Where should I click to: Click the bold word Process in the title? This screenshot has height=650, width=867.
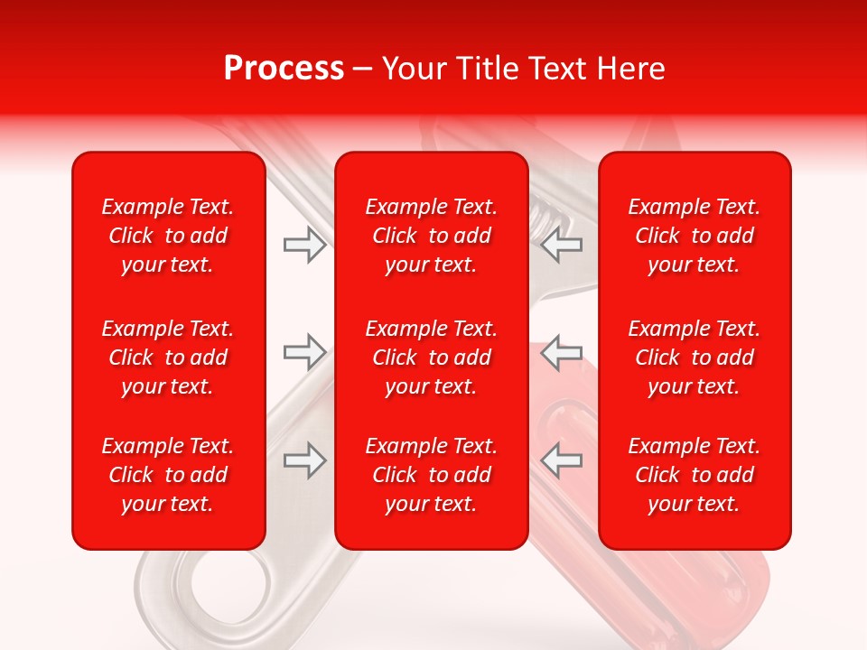click(284, 69)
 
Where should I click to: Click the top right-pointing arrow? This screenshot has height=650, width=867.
click(304, 245)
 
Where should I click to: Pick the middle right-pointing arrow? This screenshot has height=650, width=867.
click(304, 352)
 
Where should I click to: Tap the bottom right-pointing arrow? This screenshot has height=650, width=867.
click(304, 460)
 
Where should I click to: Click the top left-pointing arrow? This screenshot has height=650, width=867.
click(561, 245)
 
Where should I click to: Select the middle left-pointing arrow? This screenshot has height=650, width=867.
click(561, 352)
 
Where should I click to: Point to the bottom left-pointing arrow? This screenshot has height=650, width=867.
click(561, 460)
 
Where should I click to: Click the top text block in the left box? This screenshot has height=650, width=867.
click(168, 236)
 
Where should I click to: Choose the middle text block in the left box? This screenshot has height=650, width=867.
click(168, 357)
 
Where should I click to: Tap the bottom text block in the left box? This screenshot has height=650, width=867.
click(168, 475)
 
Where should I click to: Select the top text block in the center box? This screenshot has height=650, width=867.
click(431, 236)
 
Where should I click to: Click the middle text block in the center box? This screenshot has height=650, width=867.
click(431, 357)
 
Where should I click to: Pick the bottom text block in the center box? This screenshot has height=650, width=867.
click(431, 475)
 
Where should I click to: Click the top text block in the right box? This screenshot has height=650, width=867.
click(694, 236)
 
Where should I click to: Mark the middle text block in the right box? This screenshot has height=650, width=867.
click(694, 357)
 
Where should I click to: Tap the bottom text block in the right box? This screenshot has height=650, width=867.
click(694, 475)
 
